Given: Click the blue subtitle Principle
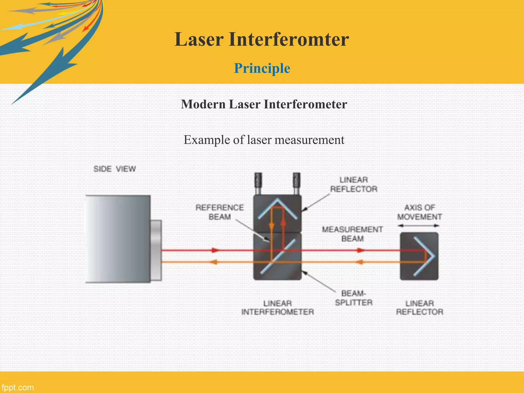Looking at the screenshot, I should (262, 68).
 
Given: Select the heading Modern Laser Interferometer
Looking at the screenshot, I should (264, 104).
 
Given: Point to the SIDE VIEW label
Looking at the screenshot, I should (114, 169).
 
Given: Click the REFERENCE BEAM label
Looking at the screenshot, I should (220, 212).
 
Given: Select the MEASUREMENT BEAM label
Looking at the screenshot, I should (352, 234).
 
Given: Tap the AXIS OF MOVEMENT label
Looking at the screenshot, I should (419, 212).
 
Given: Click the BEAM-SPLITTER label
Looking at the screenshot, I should (354, 298).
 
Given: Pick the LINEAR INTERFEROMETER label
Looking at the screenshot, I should (278, 308).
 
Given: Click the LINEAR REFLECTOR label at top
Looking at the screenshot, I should (354, 184).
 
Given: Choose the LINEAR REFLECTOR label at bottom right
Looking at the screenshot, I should (420, 308).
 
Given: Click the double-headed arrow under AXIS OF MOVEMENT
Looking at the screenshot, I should (419, 226).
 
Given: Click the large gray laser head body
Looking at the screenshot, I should (118, 239).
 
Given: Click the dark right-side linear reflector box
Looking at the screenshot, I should (419, 256).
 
